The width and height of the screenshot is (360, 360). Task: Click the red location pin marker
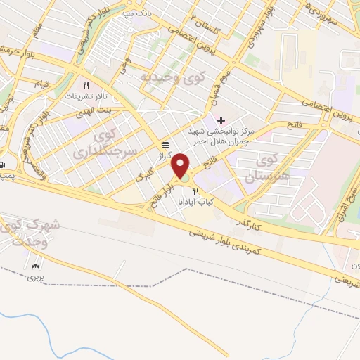point(182,165)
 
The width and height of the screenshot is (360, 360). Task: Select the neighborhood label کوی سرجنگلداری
point(108,141)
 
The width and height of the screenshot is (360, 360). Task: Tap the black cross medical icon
point(222,120)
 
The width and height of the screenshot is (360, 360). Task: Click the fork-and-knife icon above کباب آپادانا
point(196,191)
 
